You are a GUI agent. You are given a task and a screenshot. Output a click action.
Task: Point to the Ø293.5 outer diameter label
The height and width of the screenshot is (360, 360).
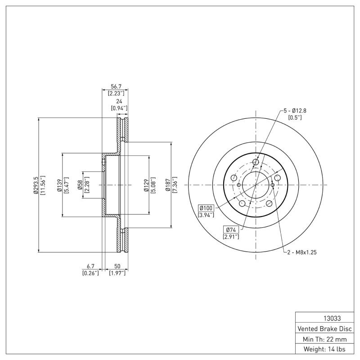(36, 185)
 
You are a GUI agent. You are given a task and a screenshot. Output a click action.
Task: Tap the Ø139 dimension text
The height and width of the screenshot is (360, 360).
(59, 185)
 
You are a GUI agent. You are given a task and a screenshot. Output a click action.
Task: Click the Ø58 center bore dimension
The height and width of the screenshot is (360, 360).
(80, 185)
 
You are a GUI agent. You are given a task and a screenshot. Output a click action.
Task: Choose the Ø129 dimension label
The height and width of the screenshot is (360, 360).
(146, 185)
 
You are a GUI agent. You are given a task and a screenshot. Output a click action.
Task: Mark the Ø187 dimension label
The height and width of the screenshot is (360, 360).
(168, 185)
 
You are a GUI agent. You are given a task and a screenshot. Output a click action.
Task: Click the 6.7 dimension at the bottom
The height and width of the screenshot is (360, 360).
(90, 266)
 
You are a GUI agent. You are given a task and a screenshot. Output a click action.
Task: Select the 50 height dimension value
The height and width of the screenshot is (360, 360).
(117, 266)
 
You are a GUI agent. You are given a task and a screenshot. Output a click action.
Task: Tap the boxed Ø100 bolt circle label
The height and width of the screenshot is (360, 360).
(206, 207)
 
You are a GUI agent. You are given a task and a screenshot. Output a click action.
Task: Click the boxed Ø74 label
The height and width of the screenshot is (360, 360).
(230, 230)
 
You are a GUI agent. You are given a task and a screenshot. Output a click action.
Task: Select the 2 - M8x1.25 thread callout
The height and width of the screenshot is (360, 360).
(302, 252)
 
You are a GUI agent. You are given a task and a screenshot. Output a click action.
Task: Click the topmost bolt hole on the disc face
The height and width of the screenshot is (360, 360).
(256, 162)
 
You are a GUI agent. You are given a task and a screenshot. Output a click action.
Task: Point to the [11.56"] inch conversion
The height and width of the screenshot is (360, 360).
(43, 185)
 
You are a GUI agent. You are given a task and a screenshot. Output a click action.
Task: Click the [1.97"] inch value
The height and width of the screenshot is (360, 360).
(117, 273)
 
